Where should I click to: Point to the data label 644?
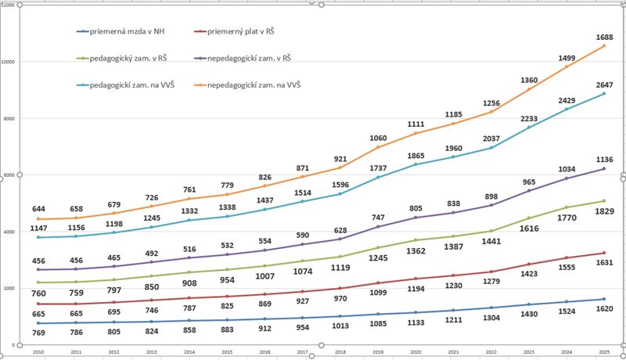pos(38,209)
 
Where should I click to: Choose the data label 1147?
pos(38,227)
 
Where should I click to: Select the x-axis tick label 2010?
pos(38,351)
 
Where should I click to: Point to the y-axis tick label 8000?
pos(9,118)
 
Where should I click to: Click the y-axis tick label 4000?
pos(9,232)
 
